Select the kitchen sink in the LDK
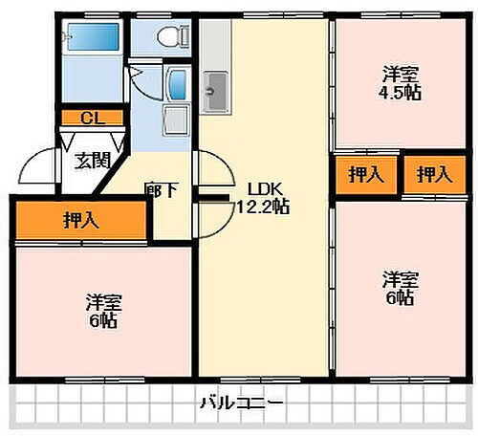coord(215,92)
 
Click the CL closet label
coord(92,118)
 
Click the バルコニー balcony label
coord(241,403)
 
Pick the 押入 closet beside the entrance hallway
coord(81,221)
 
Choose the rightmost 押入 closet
coord(433,174)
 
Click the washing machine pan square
coord(177,120)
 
